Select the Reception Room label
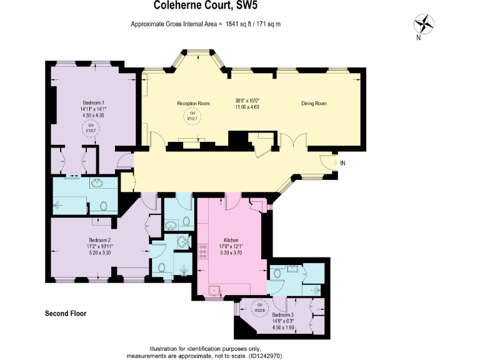click(x=193, y=103)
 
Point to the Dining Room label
click(x=314, y=103)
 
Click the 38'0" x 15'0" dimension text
click(x=246, y=101)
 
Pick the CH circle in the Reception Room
click(x=193, y=116)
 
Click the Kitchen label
click(x=231, y=239)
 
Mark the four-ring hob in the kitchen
click(x=202, y=251)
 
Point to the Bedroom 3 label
click(x=282, y=315)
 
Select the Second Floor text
click(x=66, y=313)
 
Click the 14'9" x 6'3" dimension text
click(x=282, y=321)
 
